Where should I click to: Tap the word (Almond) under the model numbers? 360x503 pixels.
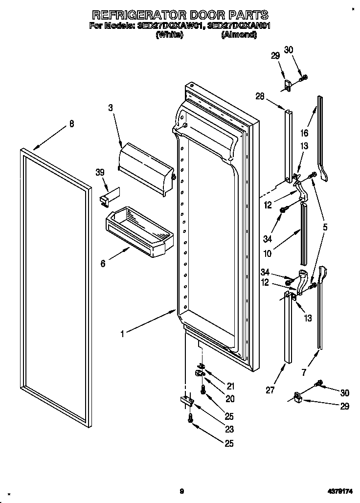pyautogui.click(x=239, y=35)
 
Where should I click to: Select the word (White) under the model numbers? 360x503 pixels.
pyautogui.click(x=169, y=35)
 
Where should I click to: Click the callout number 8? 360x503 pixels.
pyautogui.click(x=71, y=124)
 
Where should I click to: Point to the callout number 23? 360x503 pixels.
pyautogui.click(x=229, y=430)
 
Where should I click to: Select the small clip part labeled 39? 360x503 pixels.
pyautogui.click(x=107, y=195)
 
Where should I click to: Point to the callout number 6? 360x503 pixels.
pyautogui.click(x=103, y=264)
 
